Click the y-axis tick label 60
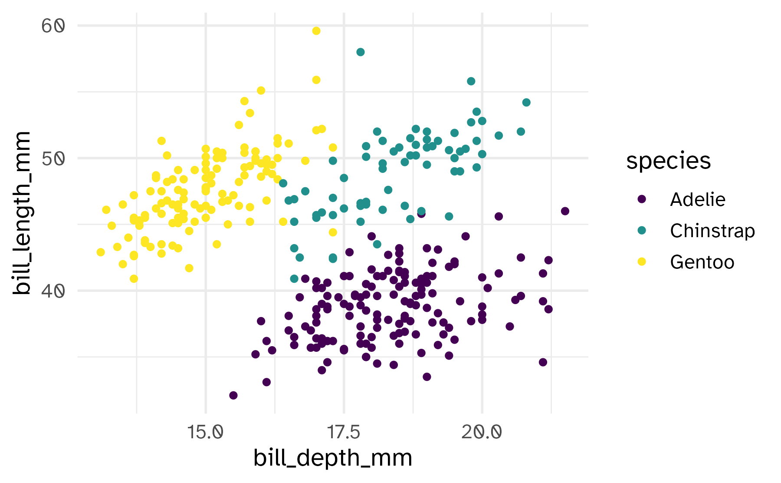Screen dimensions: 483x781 pyautogui.click(x=53, y=26)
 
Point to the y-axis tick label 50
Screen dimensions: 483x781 pyautogui.click(x=53, y=159)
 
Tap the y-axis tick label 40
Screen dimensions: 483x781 pyautogui.click(x=53, y=291)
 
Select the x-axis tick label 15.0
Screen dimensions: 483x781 pyautogui.click(x=205, y=432)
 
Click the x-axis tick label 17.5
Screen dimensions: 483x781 pyautogui.click(x=344, y=432)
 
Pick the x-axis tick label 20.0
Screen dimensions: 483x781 pyautogui.click(x=482, y=432)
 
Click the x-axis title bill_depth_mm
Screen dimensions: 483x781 pyautogui.click(x=333, y=458)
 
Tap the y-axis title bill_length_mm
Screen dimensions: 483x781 pyautogui.click(x=22, y=213)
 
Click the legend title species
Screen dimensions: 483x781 pyautogui.click(x=668, y=161)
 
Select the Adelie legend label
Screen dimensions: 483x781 pyautogui.click(x=697, y=200)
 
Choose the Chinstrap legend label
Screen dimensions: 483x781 pyautogui.click(x=712, y=231)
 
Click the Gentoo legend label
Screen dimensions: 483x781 pyautogui.click(x=702, y=262)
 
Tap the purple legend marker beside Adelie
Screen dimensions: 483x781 pyautogui.click(x=642, y=199)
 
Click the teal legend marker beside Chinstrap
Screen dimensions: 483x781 pyautogui.click(x=642, y=231)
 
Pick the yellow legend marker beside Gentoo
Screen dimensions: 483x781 pyautogui.click(x=642, y=262)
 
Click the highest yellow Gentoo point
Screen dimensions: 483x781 pyautogui.click(x=316, y=31)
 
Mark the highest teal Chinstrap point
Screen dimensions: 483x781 pyautogui.click(x=361, y=52)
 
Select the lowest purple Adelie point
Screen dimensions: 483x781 pyautogui.click(x=233, y=395)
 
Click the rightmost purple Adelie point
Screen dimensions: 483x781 pyautogui.click(x=565, y=211)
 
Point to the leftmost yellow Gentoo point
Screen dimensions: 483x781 pyautogui.click(x=101, y=252)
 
